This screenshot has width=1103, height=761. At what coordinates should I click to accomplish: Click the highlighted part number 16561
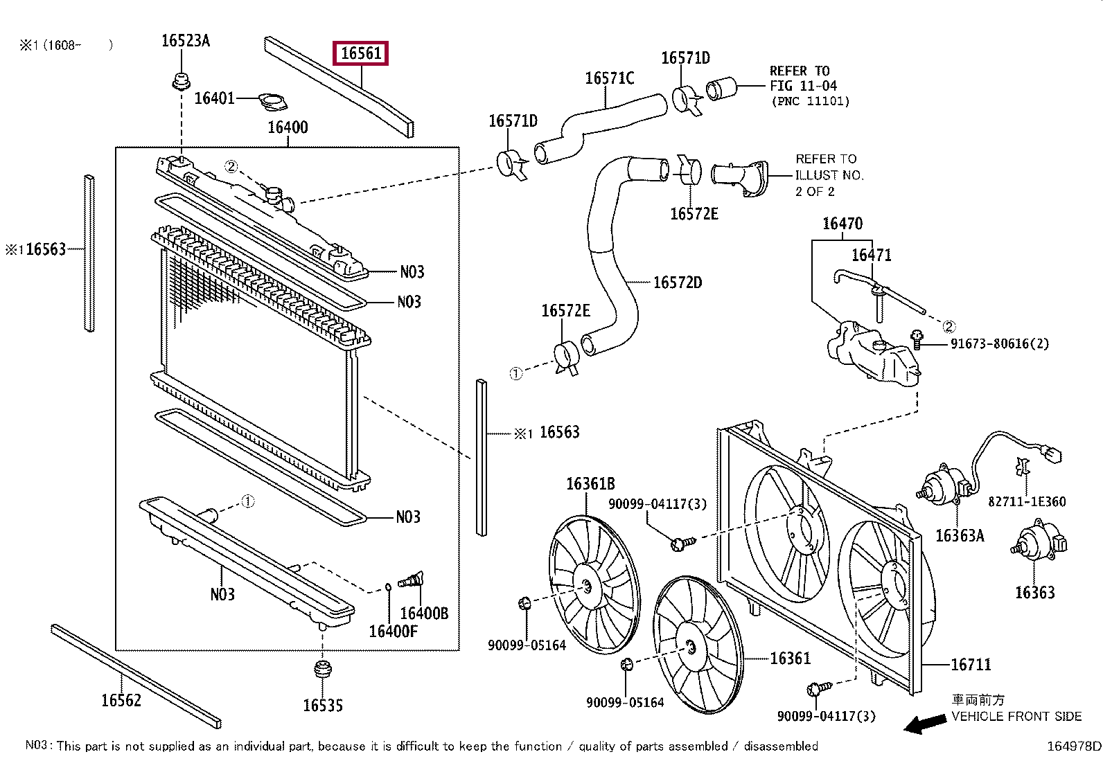pyautogui.click(x=361, y=53)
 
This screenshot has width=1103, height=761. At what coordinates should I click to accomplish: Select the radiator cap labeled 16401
pyautogui.click(x=273, y=102)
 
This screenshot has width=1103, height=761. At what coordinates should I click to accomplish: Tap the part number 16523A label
pyautogui.click(x=185, y=41)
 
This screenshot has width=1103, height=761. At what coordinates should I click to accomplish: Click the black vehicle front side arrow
pyautogui.click(x=926, y=724)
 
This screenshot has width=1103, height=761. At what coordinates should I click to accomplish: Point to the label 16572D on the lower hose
pyautogui.click(x=677, y=283)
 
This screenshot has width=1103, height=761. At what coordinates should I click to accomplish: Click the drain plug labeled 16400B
pyautogui.click(x=412, y=581)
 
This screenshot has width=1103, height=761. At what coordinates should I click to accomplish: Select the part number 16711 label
pyautogui.click(x=971, y=665)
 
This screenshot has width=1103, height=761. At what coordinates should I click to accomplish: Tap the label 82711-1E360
pyautogui.click(x=1027, y=501)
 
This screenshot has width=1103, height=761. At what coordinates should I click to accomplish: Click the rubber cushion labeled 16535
pyautogui.click(x=322, y=670)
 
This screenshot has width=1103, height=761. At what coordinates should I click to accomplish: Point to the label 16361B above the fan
pyautogui.click(x=590, y=484)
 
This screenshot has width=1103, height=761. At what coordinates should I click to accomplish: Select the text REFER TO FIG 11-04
pyautogui.click(x=804, y=78)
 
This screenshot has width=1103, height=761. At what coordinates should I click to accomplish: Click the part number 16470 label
pyautogui.click(x=842, y=224)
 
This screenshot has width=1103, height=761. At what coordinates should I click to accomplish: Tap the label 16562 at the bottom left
pyautogui.click(x=121, y=701)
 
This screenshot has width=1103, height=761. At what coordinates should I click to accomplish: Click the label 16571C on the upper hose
pyautogui.click(x=610, y=78)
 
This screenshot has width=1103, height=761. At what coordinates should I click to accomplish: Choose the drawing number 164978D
pyautogui.click(x=1073, y=746)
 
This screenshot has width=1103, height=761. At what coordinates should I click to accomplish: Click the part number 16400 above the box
pyautogui.click(x=288, y=127)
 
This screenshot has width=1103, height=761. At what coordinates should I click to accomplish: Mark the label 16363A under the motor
pyautogui.click(x=960, y=535)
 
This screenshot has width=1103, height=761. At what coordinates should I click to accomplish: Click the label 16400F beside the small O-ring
pyautogui.click(x=393, y=631)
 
